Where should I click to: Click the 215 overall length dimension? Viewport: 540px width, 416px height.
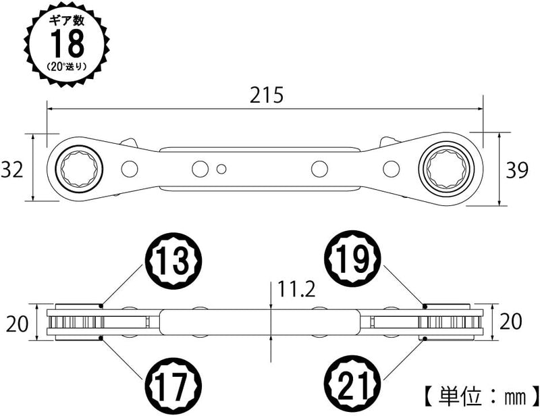[267, 95]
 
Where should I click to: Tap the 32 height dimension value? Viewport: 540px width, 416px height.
[12, 170]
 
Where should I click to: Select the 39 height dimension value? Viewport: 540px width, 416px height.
[516, 170]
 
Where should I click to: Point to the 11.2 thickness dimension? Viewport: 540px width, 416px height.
[296, 289]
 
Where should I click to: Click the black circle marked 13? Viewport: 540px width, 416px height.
[173, 260]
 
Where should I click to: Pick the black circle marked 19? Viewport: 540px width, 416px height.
[352, 259]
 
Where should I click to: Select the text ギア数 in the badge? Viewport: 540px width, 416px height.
[67, 21]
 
